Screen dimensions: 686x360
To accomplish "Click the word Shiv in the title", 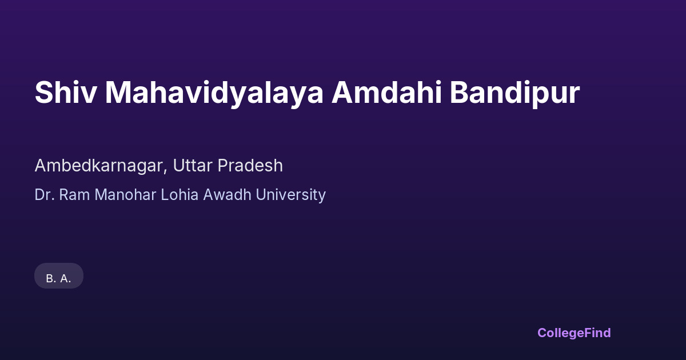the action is click(66, 93).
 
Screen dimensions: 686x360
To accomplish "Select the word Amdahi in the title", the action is click(387, 93).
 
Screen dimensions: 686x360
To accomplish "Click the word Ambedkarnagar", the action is click(99, 166).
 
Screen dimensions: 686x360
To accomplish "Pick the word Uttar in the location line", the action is click(193, 166).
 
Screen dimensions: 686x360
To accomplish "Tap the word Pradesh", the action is click(250, 166).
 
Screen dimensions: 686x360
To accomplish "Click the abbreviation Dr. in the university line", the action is click(45, 195).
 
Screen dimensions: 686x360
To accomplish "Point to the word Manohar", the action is click(125, 195).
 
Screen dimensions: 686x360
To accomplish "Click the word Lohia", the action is click(180, 195).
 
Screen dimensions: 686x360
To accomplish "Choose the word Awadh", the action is click(228, 195).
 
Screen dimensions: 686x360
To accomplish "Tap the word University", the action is click(291, 195).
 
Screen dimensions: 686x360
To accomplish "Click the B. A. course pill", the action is click(59, 276).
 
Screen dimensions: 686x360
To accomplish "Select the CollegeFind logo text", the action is click(574, 333).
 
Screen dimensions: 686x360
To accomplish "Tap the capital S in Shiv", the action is click(43, 93).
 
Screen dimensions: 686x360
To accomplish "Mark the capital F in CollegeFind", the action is click(588, 333).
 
